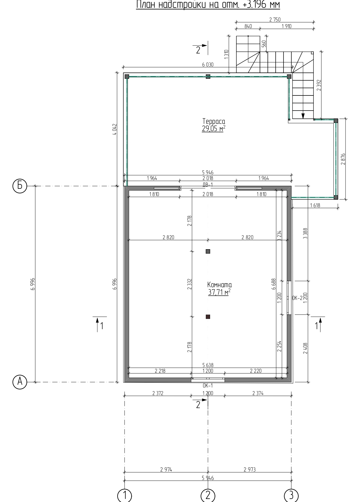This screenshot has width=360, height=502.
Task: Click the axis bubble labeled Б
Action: [20, 186]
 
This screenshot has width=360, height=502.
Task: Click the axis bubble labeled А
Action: [20, 382]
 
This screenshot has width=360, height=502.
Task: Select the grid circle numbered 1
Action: [125, 495]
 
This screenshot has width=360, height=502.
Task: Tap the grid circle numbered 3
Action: [291, 495]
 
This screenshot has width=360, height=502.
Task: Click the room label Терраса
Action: [214, 121]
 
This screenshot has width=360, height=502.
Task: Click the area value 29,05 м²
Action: [213, 129]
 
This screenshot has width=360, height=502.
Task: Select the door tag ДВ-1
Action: [207, 185]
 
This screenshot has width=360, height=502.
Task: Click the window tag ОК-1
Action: [208, 385]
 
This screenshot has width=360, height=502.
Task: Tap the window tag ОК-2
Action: [297, 298]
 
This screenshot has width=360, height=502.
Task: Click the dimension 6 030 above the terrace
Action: [208, 65]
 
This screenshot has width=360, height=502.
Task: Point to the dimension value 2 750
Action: [275, 20]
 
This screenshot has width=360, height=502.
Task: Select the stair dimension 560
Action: [264, 43]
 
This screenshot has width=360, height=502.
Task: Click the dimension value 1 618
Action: [315, 205]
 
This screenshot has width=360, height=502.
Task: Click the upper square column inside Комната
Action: [208, 251]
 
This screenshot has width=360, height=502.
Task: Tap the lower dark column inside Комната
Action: [208, 317]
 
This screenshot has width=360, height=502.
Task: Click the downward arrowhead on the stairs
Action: [303, 116]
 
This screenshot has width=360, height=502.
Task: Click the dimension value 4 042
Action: [115, 129]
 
